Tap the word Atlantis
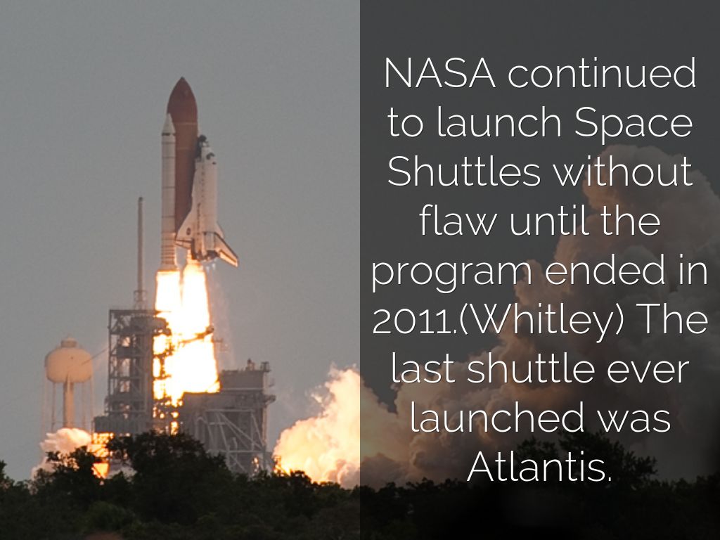click(539, 467)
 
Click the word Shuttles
click(464, 172)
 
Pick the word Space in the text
click(634, 124)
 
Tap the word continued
click(602, 74)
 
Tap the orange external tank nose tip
click(181, 84)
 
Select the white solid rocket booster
click(169, 190)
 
